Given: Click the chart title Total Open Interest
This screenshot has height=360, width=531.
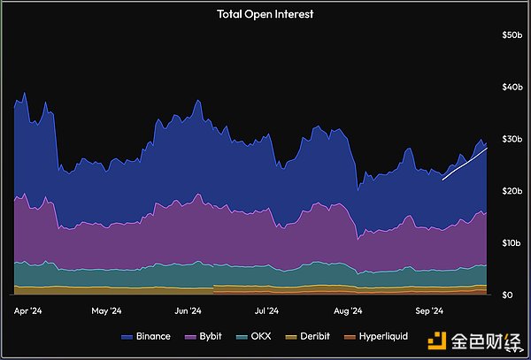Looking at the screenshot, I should tap(265, 14).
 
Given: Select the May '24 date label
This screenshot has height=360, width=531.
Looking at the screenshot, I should tap(105, 311).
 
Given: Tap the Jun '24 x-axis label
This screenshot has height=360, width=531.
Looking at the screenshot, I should tap(188, 311).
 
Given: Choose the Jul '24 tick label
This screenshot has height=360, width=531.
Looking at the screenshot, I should tap(267, 311).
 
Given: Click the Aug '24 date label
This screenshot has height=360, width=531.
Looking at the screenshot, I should tap(349, 311).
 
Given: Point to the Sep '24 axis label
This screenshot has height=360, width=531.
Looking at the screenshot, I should tap(430, 311).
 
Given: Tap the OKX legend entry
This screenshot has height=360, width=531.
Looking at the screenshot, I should tap(255, 337).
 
